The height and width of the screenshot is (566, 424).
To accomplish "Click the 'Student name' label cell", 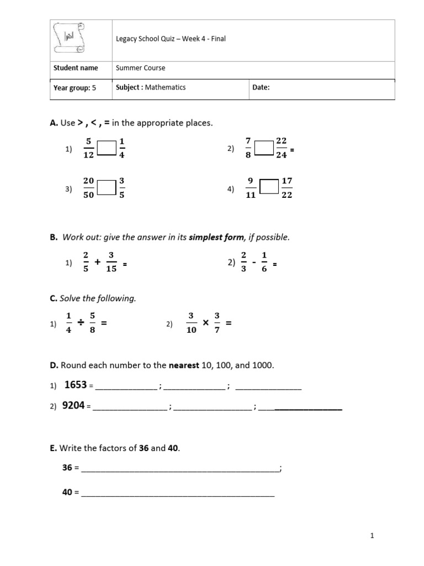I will [76, 68].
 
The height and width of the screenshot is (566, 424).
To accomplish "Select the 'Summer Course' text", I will [140, 68].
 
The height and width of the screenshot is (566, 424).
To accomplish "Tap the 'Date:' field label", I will [261, 87].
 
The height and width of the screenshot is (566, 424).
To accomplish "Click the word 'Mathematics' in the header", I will [166, 87].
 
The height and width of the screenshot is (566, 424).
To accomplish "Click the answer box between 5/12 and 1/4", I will [107, 148].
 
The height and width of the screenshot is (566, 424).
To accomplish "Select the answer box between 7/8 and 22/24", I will [264, 148].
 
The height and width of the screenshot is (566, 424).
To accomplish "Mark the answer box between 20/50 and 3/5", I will [107, 188].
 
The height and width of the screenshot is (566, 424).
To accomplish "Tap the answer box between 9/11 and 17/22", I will [269, 188].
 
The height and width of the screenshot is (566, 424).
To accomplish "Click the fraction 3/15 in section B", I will [111, 262].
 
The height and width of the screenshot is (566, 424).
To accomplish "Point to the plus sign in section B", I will [98, 263].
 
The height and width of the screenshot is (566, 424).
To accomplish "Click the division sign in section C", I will [80, 323].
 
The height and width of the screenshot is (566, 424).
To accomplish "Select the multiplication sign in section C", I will [205, 323].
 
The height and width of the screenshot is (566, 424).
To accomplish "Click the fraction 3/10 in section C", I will [190, 323].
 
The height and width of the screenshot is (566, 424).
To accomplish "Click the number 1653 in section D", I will [76, 385].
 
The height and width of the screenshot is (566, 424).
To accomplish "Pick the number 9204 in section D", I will [73, 406].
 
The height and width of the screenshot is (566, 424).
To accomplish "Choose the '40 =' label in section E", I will [71, 491].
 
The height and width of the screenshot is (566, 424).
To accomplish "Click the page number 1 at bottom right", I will [373, 536].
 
